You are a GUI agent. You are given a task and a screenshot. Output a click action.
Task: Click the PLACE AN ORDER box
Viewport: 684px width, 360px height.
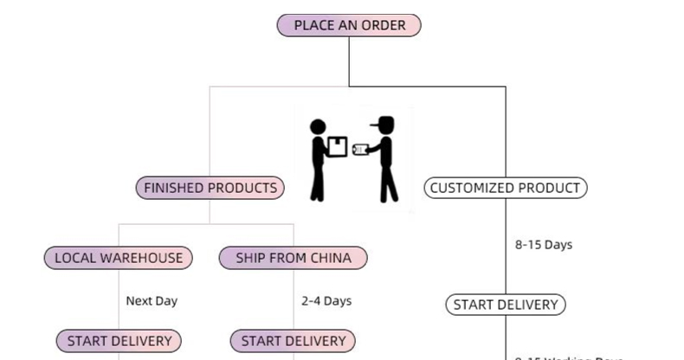[x=349, y=25]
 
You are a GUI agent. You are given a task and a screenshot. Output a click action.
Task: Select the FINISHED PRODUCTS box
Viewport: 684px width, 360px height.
[x=210, y=188]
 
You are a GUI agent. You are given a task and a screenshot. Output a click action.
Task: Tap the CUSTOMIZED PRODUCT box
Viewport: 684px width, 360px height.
[x=506, y=188]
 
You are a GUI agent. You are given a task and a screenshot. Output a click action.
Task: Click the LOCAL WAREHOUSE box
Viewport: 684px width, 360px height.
[x=119, y=258]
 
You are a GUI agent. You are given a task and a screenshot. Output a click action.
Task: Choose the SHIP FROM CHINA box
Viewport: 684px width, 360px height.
[x=294, y=258]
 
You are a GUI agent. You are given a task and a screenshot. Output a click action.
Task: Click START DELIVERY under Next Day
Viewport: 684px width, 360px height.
[x=119, y=341]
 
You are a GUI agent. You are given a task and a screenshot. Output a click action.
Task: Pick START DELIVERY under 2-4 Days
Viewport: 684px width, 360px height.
[x=294, y=341]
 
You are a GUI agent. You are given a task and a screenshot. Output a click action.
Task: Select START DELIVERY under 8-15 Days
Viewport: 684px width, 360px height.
[x=506, y=305]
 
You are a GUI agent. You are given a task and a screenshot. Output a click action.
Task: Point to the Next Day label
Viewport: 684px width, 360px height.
[x=152, y=301]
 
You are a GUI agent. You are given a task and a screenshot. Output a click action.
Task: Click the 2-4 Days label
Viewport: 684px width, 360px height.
[x=326, y=301]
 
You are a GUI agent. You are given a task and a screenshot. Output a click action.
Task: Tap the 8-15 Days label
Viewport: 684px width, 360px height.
[x=544, y=245]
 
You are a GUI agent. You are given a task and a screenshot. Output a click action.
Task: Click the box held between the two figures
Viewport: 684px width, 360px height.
[x=338, y=147]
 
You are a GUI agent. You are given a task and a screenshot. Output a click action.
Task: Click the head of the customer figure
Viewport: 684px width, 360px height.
[x=318, y=127]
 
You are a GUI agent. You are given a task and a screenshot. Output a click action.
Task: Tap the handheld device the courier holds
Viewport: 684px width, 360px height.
[x=360, y=150]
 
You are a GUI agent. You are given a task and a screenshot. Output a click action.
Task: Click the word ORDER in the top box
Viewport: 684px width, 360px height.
[x=384, y=25]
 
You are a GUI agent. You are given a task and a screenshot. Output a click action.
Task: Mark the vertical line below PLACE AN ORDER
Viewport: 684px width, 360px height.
[x=349, y=61]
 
